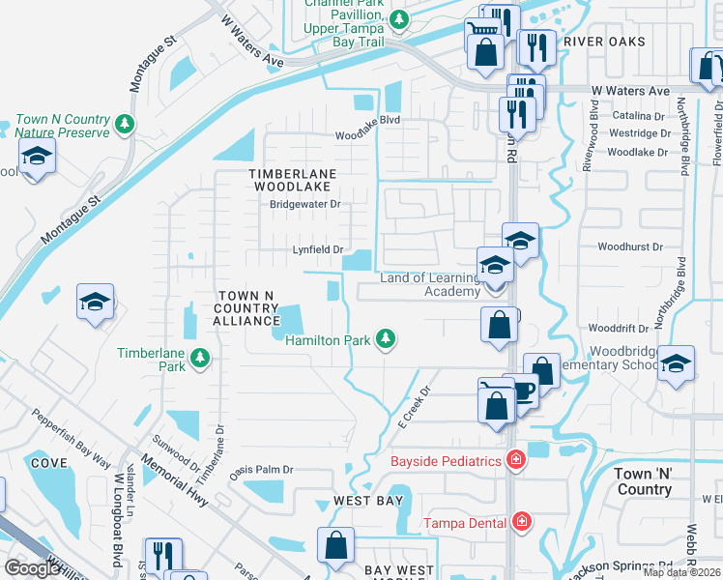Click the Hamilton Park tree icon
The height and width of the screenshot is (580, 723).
386,337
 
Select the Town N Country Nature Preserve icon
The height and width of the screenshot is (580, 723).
124,124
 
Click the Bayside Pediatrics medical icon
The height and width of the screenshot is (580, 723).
516,460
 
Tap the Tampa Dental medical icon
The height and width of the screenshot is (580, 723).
522,523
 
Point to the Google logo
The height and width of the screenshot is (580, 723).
33,568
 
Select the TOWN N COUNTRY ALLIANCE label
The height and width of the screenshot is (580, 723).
246,307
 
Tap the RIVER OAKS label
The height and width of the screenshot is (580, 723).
604,42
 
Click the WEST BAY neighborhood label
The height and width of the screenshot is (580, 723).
368,501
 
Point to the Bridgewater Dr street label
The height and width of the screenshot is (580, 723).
305,204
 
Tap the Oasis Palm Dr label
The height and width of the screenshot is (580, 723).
261,470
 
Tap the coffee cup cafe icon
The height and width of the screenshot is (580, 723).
524,391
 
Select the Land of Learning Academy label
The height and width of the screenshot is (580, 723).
430,284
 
